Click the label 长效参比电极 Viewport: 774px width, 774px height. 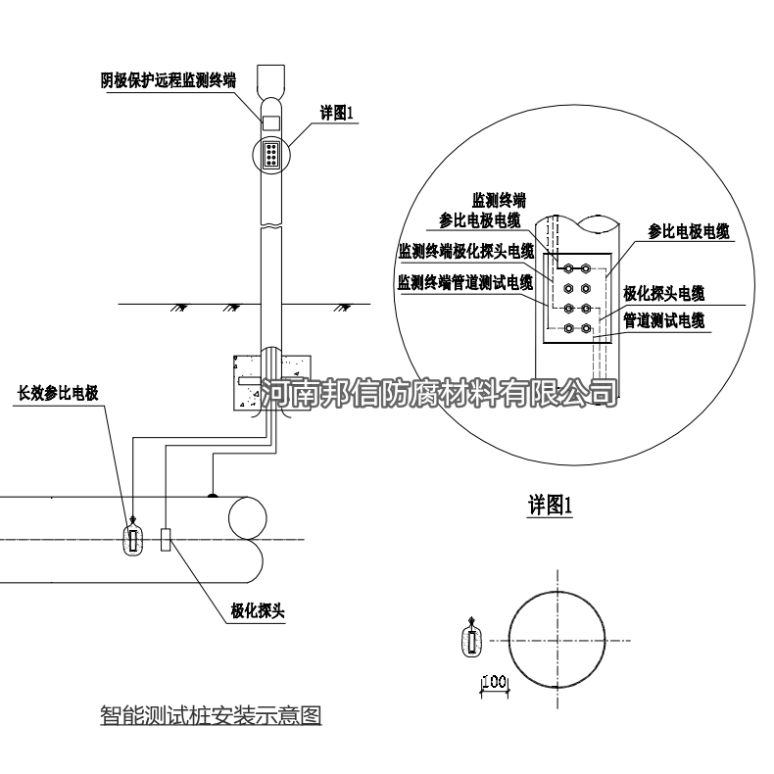pos(59,393)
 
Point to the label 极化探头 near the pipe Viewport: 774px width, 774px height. pos(257,612)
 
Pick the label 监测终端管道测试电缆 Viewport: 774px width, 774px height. pos(464,283)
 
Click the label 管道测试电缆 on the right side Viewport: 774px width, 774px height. pos(663,319)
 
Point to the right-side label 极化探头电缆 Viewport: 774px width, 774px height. pos(663,293)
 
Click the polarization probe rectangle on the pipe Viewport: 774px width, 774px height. pos(166,540)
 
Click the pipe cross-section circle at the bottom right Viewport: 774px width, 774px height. pos(556,642)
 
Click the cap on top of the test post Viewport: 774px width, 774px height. pos(270,79)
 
